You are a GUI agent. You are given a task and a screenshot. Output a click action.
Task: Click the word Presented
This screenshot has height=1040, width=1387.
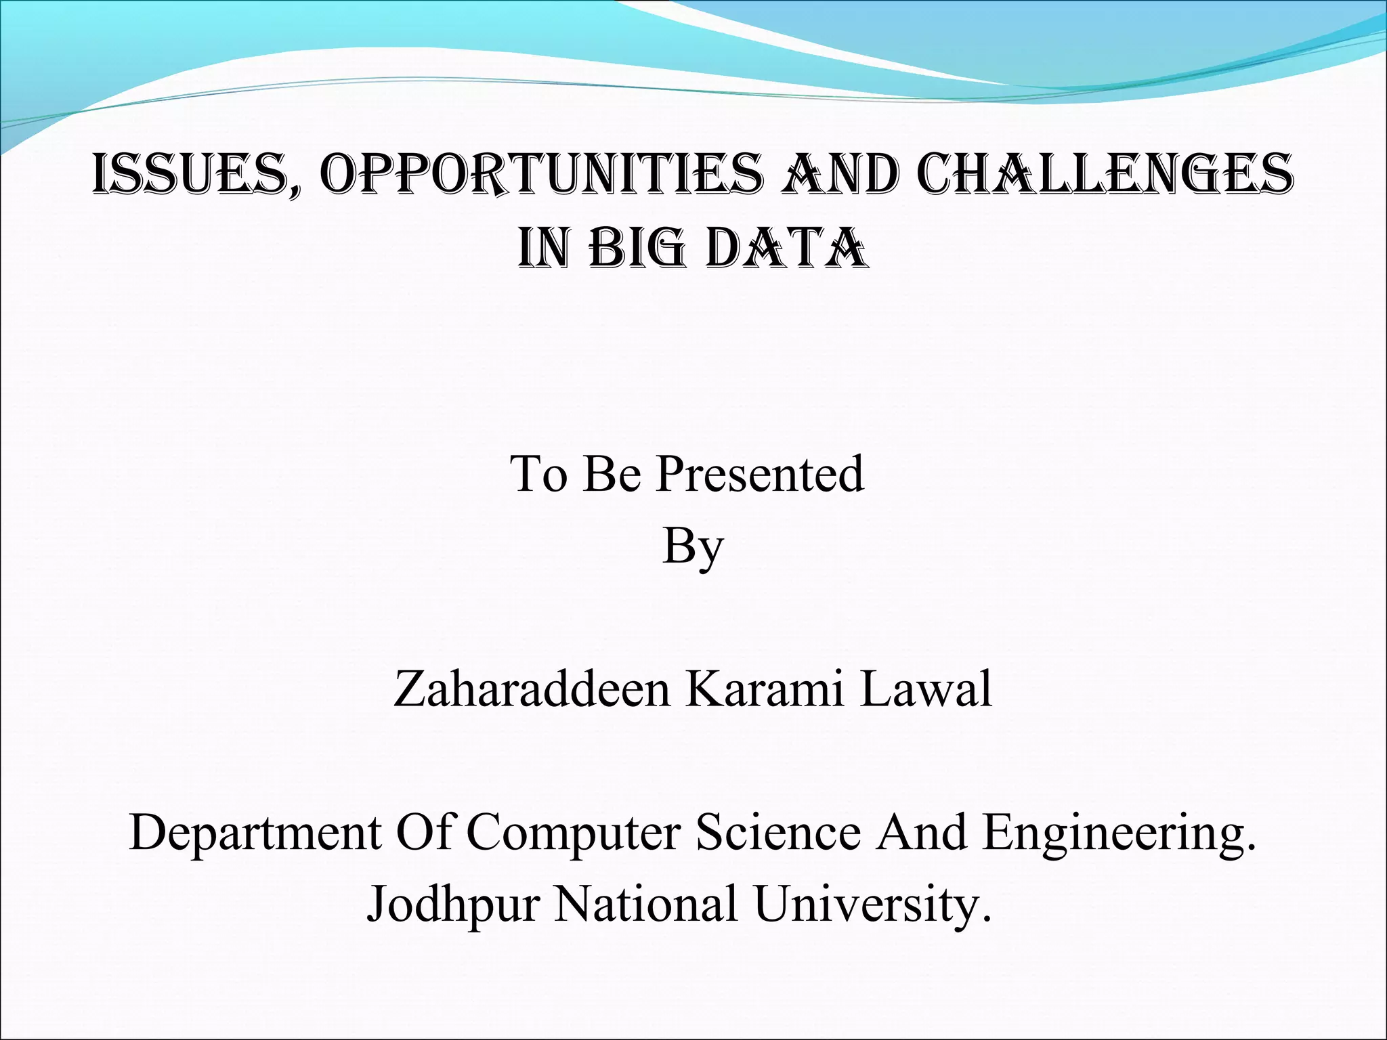click(761, 473)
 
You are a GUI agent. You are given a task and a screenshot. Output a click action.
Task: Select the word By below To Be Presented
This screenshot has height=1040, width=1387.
click(692, 546)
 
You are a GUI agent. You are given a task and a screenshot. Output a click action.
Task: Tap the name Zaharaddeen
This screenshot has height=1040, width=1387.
click(531, 689)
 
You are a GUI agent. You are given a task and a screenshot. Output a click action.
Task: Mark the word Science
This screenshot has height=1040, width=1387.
click(778, 832)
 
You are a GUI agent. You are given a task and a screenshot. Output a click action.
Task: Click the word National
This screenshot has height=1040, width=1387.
click(645, 905)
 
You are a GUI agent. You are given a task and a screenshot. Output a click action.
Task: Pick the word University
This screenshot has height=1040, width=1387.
click(866, 905)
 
